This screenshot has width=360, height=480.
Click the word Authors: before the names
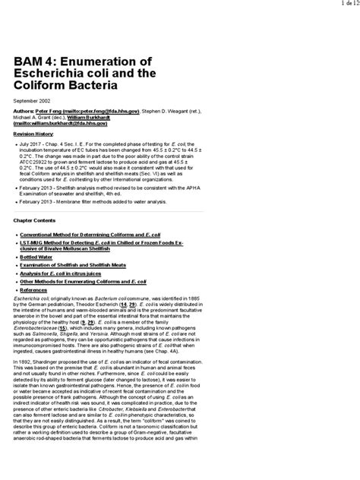point(26,111)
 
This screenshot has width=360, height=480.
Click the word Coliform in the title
point(47,85)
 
